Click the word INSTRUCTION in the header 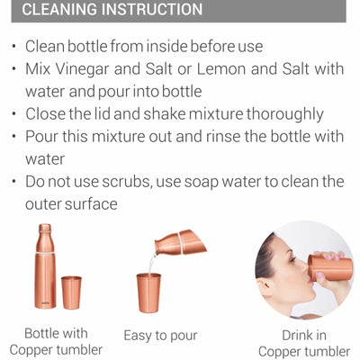(x=152, y=9)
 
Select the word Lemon (x=221, y=68)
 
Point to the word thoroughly (x=285, y=114)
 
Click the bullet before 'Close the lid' (x=14, y=114)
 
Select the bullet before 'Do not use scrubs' (x=14, y=182)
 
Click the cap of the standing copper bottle (x=45, y=228)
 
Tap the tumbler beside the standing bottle (x=71, y=292)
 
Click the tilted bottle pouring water (x=181, y=242)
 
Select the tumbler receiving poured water (x=148, y=292)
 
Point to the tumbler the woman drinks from (x=330, y=268)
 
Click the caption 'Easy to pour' (x=161, y=336)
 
